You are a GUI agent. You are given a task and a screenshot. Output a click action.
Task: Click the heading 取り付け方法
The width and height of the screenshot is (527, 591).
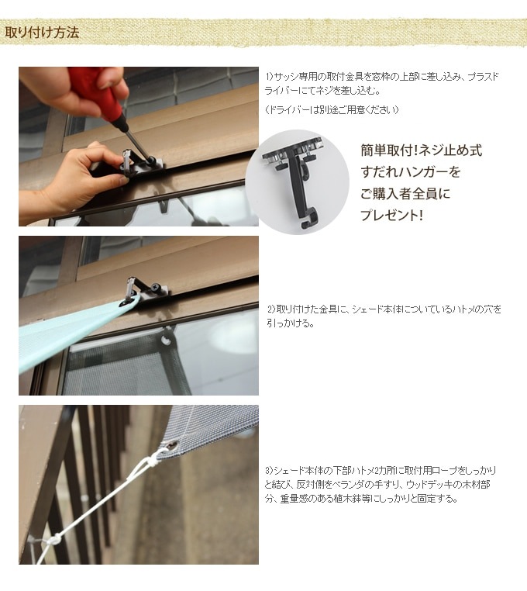pos(42,33)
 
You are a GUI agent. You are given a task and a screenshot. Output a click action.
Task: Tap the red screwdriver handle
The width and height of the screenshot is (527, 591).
pos(95,91)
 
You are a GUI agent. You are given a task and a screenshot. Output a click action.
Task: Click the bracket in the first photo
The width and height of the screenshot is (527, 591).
pos(141,164)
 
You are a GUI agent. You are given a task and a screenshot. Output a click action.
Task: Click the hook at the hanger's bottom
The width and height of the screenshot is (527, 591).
pos(309,219)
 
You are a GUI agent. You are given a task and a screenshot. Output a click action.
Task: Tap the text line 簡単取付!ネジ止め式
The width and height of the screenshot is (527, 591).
pos(421,150)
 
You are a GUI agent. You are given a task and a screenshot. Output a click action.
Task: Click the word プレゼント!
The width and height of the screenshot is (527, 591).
pos(391,215)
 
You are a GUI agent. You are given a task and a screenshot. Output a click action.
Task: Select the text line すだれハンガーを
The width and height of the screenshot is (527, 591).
pos(411,172)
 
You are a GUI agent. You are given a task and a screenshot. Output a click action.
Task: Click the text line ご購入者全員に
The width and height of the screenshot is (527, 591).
pos(405,194)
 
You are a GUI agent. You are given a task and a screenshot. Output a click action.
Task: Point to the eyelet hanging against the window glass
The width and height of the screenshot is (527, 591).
pos(166,340)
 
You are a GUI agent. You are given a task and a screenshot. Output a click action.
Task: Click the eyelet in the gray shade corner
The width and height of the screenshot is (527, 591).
pos(174,447)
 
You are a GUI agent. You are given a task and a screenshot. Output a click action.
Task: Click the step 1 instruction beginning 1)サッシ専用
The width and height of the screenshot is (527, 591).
pos(381,84)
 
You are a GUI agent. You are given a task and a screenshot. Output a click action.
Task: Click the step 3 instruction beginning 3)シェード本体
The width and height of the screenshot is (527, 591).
pos(381,484)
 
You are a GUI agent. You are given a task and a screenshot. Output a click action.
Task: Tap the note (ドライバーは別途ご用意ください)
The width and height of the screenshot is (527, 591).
pos(332,109)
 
